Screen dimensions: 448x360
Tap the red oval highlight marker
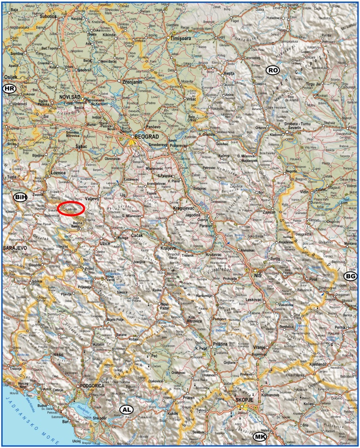coord(70,209)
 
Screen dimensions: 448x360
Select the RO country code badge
coord(272,70)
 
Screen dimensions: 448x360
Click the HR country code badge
coord(9,89)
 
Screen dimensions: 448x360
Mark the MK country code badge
coord(260,437)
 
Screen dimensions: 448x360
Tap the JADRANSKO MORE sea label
coord(26,411)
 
